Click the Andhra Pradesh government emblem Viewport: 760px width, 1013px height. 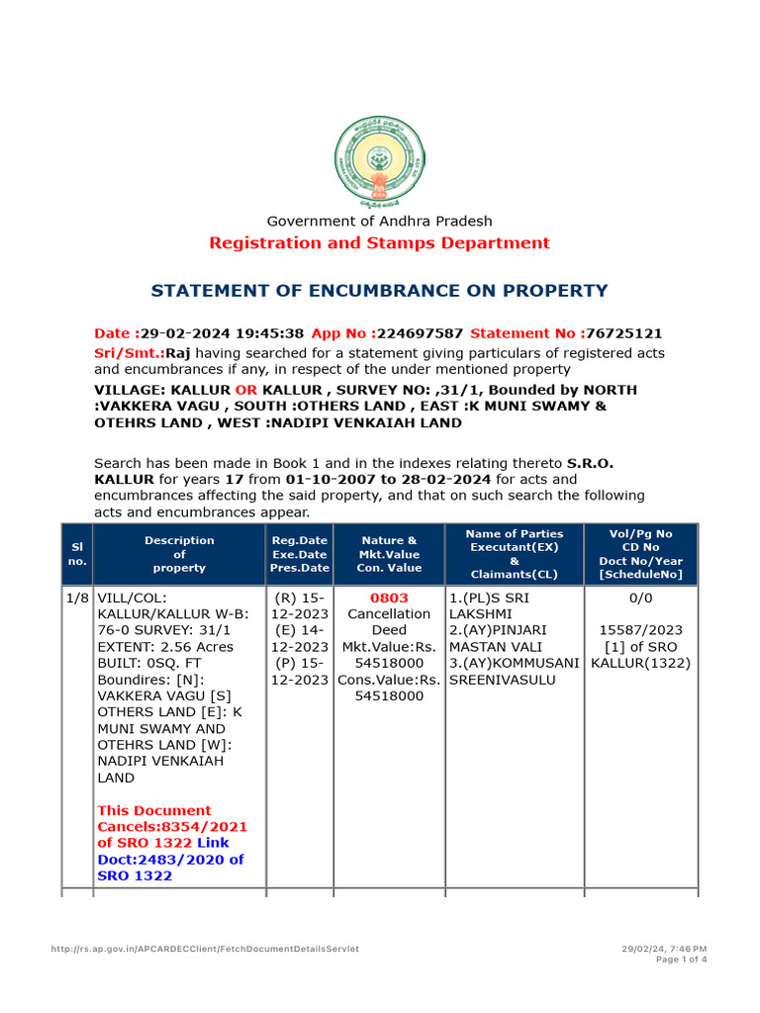[379, 161]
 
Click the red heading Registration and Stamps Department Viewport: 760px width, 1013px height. [379, 243]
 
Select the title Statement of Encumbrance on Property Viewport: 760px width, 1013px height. [379, 291]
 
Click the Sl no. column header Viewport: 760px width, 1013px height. [77, 554]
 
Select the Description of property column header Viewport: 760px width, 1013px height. [179, 554]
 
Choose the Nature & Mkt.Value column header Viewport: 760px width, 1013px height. [389, 554]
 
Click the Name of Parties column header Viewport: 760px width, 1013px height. [515, 554]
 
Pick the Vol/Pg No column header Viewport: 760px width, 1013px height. [640, 554]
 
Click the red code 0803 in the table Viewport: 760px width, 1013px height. [389, 599]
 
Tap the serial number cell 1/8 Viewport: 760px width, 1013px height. [77, 599]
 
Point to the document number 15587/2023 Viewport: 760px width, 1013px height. [640, 630]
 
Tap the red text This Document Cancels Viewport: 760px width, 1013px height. [154, 810]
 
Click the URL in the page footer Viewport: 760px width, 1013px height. [205, 949]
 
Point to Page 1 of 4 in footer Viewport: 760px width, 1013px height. [682, 959]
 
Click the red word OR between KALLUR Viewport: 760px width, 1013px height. [245, 390]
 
